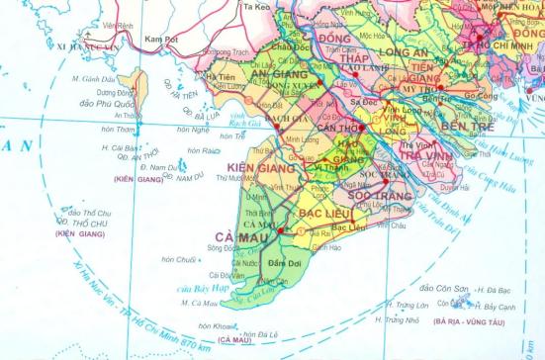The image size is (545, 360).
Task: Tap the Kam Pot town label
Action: click(158, 39)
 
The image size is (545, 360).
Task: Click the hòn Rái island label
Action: click(206, 151)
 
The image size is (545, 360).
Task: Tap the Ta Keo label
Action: click(256, 6)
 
